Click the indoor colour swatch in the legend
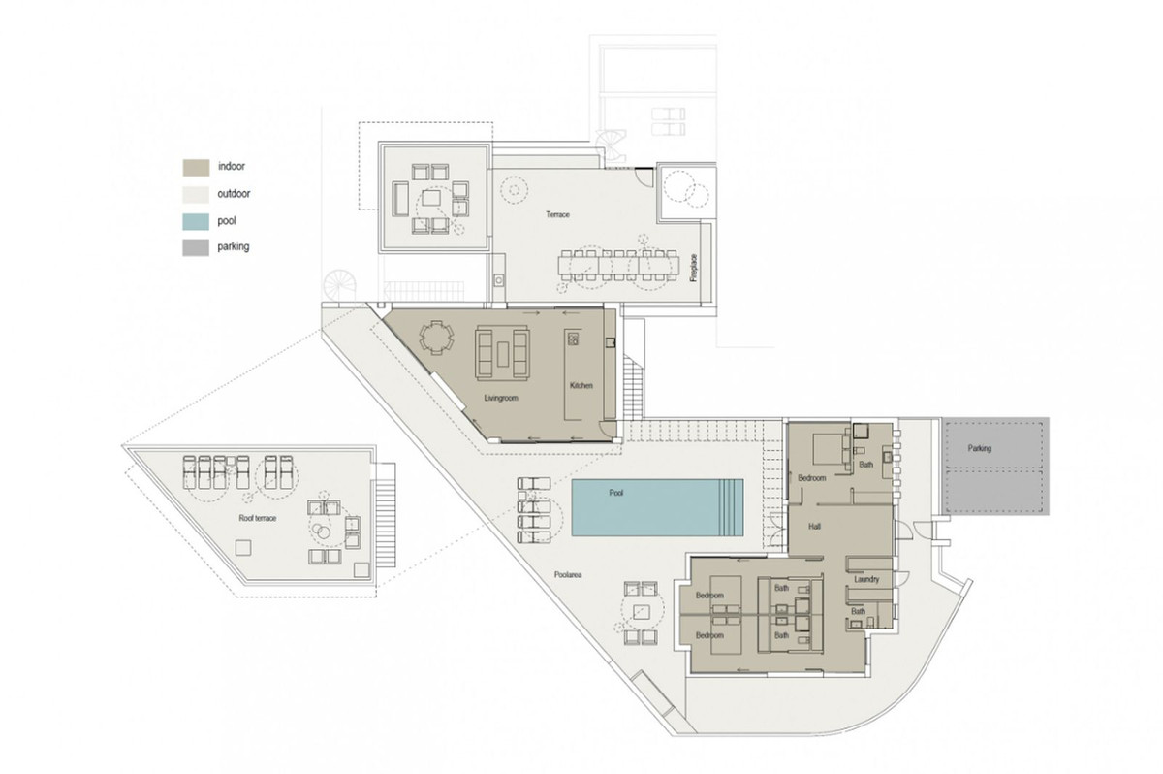pyautogui.click(x=196, y=167)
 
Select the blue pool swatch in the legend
pyautogui.click(x=196, y=220)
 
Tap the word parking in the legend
pyautogui.click(x=234, y=247)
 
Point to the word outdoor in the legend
pyautogui.click(x=235, y=194)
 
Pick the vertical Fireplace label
pyautogui.click(x=693, y=267)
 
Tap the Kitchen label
pyautogui.click(x=581, y=386)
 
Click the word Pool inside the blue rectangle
pyautogui.click(x=616, y=493)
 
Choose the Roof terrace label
pyautogui.click(x=258, y=518)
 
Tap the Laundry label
pyautogui.click(x=866, y=580)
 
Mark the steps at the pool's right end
pyautogui.click(x=733, y=507)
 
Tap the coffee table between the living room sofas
pyautogui.click(x=502, y=356)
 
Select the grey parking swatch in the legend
pyautogui.click(x=196, y=247)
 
